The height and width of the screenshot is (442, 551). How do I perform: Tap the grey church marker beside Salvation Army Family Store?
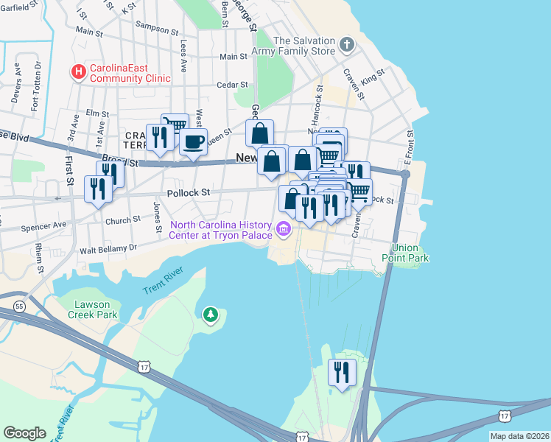tap(347, 46)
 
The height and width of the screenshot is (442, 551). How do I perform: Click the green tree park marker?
tap(211, 315)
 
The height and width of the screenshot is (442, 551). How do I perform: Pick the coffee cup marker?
tap(193, 141)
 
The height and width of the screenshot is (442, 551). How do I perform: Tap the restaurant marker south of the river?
tap(342, 371)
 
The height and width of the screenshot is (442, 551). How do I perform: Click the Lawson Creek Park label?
tap(96, 309)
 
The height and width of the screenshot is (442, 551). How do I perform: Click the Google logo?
tap(24, 432)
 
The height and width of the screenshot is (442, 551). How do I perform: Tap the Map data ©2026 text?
tap(519, 436)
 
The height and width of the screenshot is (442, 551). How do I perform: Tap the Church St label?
tap(122, 220)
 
